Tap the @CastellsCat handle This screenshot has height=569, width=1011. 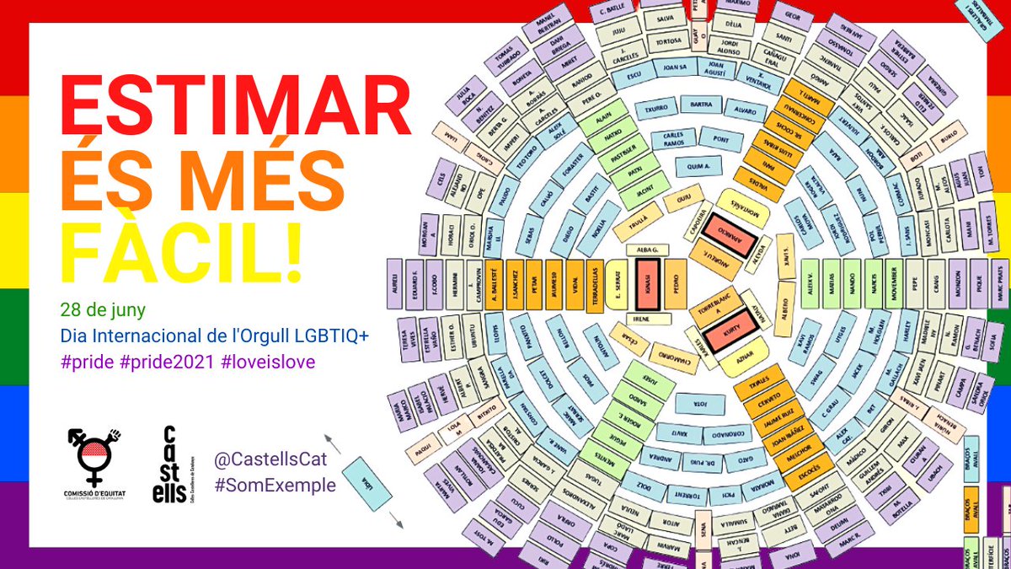270,460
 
